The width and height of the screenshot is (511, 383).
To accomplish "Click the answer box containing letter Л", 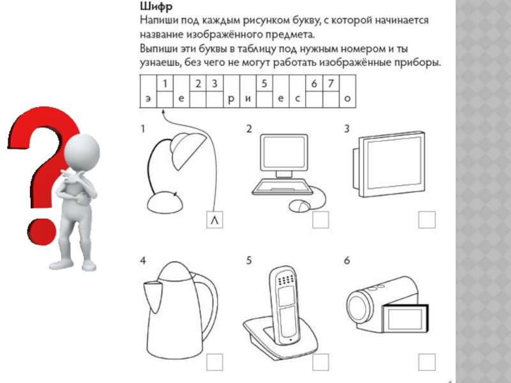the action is (x=215, y=220).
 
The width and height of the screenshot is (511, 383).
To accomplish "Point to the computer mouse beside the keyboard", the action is (x=299, y=206).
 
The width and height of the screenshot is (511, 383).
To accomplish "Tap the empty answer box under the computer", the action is (x=321, y=220).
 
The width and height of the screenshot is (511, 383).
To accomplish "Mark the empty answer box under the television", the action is (x=426, y=220).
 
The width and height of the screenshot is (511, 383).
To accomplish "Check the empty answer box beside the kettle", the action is (x=215, y=362).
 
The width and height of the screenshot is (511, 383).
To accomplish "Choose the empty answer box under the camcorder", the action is (x=426, y=362).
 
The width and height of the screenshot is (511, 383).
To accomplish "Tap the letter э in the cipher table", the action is (x=148, y=99).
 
